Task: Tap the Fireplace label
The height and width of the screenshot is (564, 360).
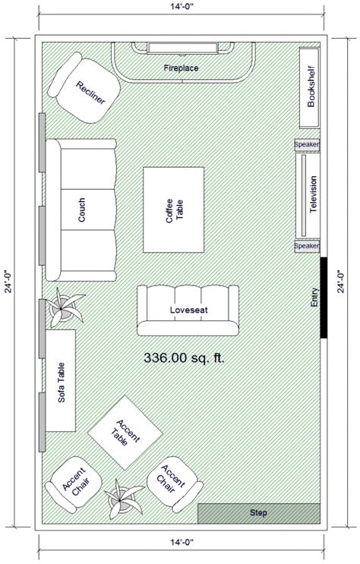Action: pos(181,68)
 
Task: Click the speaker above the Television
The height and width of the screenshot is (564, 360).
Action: pos(307,144)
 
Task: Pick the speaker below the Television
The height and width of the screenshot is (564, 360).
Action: pos(307,246)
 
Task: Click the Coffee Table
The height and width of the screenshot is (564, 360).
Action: pos(174,210)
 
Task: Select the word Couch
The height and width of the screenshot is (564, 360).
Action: pos(81,210)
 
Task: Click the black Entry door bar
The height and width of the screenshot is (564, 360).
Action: pos(324,298)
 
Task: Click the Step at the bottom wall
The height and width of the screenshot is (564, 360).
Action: pos(257,513)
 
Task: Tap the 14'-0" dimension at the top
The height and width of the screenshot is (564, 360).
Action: pos(179,10)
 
